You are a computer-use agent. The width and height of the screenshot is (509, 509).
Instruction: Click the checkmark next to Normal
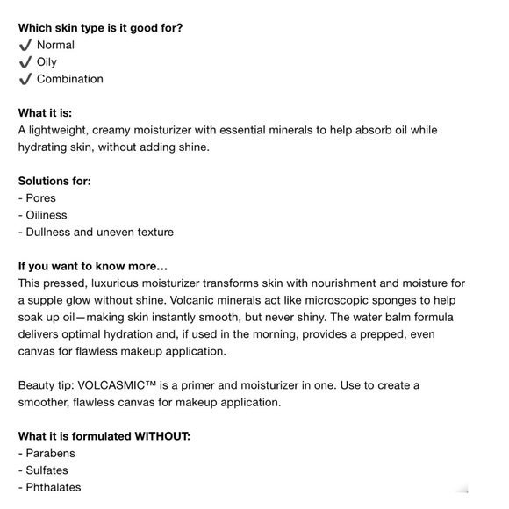tap(25, 45)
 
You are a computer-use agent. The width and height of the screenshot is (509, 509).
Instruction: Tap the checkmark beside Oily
tap(25, 62)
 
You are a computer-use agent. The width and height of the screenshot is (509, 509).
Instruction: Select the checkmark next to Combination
tap(25, 79)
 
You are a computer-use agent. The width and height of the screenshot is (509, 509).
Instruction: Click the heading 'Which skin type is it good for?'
tap(100, 27)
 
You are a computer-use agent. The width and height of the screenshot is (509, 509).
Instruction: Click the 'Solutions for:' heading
tap(54, 181)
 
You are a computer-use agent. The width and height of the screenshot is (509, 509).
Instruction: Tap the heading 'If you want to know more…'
tap(92, 266)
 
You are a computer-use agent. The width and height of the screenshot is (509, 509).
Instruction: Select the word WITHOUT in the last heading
tap(161, 436)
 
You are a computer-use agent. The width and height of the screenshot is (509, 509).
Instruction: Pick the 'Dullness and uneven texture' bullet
tap(99, 233)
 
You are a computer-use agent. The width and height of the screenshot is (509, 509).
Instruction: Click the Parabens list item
tap(50, 454)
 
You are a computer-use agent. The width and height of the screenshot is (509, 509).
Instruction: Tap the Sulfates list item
tap(47, 470)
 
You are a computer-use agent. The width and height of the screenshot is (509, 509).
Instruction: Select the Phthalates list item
tap(53, 488)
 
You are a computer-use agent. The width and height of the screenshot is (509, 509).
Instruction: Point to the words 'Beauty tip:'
tap(46, 385)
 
